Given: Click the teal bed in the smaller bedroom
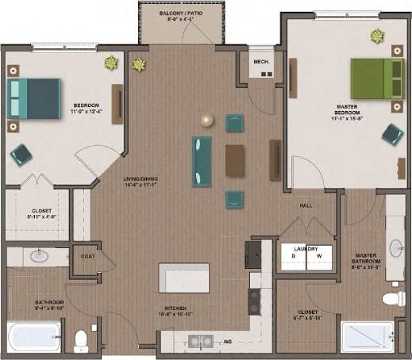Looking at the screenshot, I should [34, 98].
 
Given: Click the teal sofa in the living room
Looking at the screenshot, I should [202, 161].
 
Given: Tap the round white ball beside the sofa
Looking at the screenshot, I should [207, 121].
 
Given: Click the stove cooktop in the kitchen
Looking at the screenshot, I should [255, 301].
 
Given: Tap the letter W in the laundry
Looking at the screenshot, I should [319, 256].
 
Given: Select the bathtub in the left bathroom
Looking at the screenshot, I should [33, 337].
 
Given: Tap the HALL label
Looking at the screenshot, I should [306, 205].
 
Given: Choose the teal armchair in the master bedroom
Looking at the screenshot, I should [391, 133].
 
